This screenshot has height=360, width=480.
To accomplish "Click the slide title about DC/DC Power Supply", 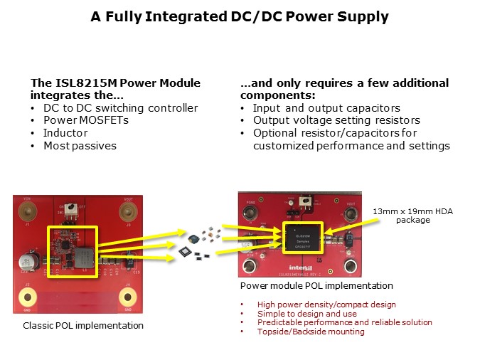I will tap(240, 17).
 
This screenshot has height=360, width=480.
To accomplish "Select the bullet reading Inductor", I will tap(66, 133).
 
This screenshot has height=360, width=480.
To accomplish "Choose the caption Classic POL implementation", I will tap(83, 325).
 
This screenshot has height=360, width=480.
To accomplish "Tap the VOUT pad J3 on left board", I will tap(128, 211).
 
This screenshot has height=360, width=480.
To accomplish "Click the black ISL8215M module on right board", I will tap(303, 238).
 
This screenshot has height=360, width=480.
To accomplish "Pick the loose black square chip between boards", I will tap(186, 250).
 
